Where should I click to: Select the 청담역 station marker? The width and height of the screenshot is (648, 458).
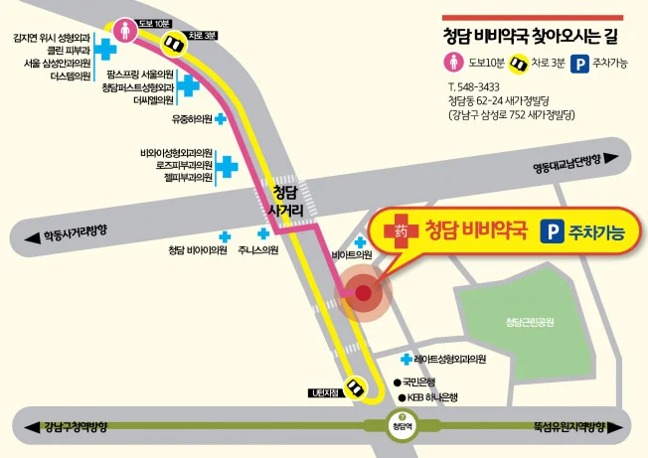tap(401, 428)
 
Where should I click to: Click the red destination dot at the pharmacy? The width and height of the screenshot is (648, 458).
tap(363, 294)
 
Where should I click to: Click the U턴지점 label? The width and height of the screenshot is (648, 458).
tap(324, 394)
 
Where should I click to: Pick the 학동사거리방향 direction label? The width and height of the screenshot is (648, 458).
tap(75, 235)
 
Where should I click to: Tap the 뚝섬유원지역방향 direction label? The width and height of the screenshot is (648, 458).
tap(568, 427)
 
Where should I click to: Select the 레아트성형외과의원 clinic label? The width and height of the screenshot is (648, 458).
tap(450, 359)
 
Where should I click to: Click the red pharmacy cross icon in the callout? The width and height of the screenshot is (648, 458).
tap(396, 228)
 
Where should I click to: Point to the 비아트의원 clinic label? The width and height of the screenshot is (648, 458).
tap(352, 254)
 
